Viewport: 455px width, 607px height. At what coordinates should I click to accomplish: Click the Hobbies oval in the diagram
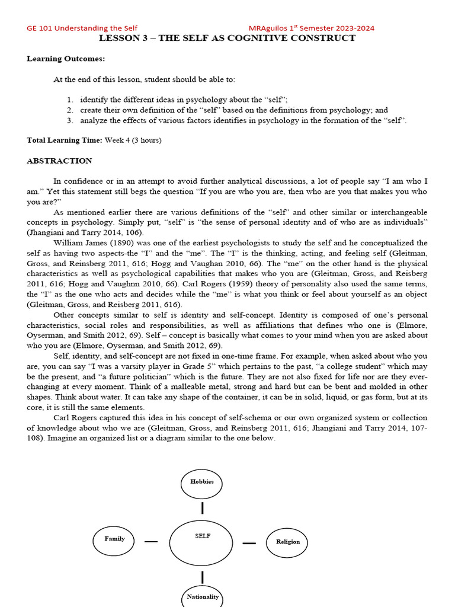(x=202, y=483)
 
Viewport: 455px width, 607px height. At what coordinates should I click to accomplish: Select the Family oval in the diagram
(x=115, y=539)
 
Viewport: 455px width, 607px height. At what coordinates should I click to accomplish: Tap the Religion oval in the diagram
(x=287, y=542)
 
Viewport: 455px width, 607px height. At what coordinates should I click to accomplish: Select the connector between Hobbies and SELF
(x=203, y=508)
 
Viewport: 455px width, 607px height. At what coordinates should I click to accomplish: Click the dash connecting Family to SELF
(x=151, y=541)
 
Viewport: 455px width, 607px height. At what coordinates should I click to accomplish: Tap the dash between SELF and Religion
(x=249, y=543)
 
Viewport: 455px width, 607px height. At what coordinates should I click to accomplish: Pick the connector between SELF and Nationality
(x=203, y=576)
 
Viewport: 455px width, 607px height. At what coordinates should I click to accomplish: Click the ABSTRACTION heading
(x=59, y=161)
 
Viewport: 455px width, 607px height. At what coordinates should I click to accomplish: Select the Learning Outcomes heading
(x=66, y=59)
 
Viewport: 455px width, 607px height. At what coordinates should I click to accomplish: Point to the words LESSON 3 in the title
(x=121, y=39)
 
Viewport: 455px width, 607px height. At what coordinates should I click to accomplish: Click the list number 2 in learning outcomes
(x=69, y=110)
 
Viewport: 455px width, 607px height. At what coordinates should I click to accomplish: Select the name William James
(x=77, y=242)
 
